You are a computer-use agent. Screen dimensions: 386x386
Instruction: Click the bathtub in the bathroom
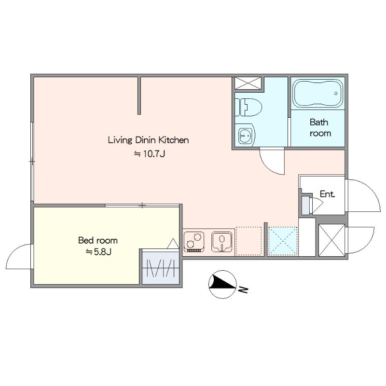click(317, 93)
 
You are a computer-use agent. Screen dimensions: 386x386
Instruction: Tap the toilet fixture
click(248, 107)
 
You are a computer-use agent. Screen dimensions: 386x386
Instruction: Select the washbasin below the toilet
click(245, 135)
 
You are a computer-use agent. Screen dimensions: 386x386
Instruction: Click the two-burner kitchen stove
click(194, 242)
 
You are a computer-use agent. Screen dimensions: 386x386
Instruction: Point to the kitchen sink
click(222, 242)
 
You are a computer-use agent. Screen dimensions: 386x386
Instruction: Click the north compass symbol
click(222, 284)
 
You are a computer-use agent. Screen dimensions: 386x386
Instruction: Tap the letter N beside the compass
click(243, 290)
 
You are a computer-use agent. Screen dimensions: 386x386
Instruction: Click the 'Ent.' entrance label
click(328, 194)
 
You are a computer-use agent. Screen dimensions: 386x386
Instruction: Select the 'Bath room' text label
click(320, 127)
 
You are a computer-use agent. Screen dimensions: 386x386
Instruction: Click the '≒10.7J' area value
click(150, 154)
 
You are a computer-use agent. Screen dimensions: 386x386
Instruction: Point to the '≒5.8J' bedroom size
click(98, 252)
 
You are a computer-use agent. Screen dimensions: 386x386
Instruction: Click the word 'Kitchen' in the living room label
click(174, 140)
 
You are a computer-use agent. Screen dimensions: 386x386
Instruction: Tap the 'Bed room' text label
click(98, 240)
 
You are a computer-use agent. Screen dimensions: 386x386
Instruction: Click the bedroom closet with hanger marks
click(161, 268)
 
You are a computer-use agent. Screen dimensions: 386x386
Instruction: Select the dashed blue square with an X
click(283, 241)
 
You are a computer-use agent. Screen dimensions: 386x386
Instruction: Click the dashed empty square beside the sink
click(248, 241)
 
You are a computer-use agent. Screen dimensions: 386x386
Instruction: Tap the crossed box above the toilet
click(248, 83)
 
